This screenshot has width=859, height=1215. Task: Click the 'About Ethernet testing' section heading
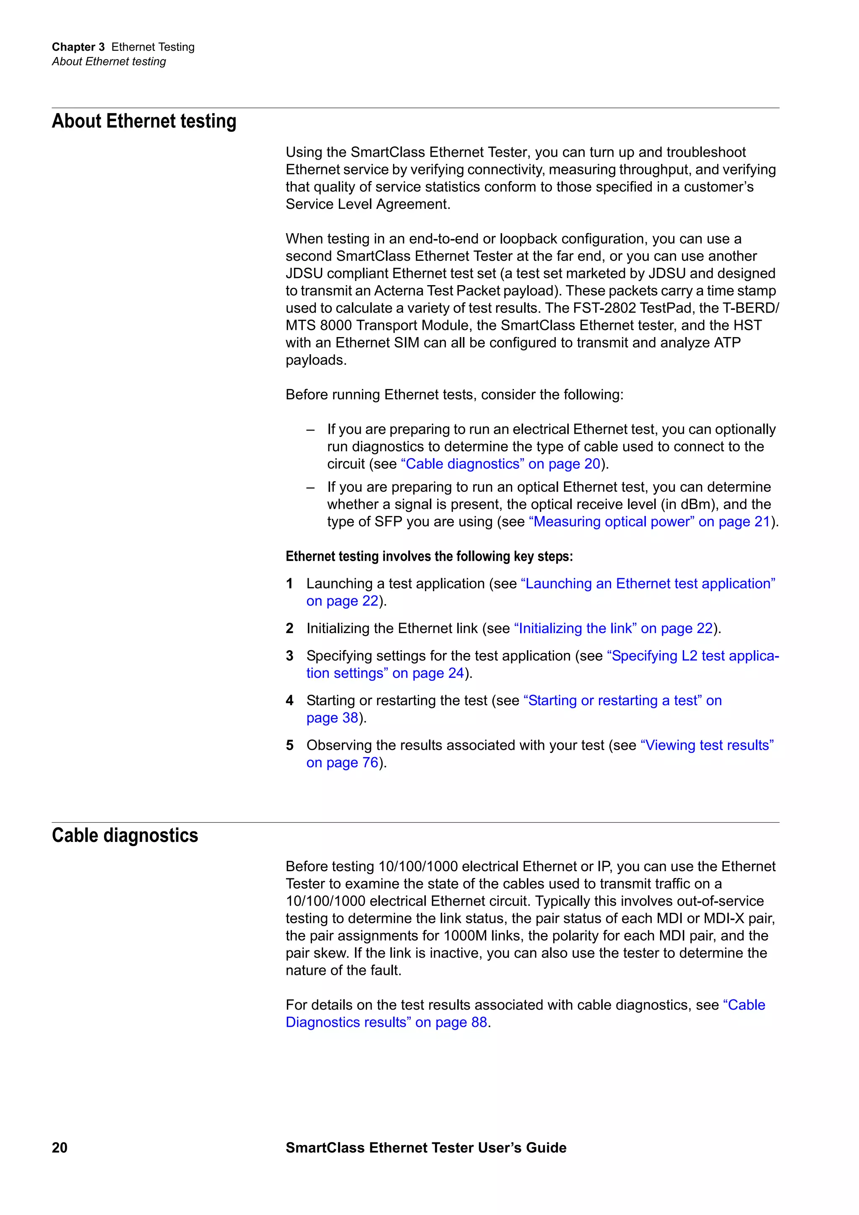(144, 121)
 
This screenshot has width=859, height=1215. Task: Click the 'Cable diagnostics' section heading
(125, 835)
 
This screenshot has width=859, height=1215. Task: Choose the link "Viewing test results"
(707, 745)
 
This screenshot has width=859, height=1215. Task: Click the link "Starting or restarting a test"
(622, 700)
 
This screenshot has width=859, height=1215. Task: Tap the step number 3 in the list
(289, 656)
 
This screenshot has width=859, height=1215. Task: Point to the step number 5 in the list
(289, 745)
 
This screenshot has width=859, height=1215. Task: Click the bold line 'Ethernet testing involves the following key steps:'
(429, 556)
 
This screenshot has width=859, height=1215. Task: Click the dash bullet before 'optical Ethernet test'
(311, 487)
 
